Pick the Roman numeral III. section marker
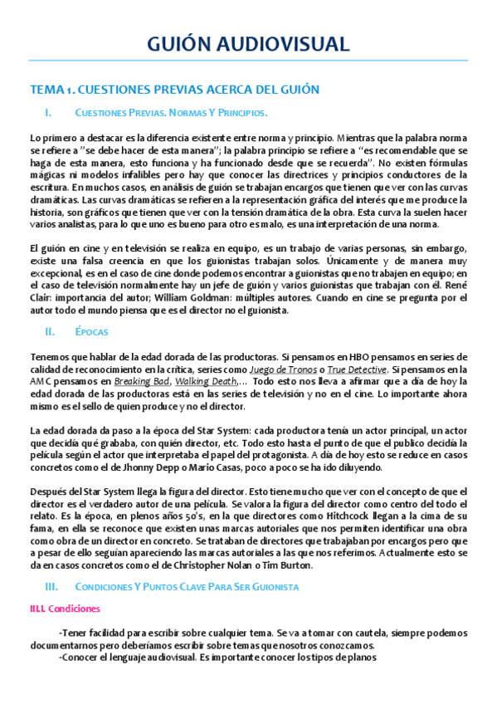click(51, 586)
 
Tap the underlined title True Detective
click(356, 369)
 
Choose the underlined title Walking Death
click(202, 381)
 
